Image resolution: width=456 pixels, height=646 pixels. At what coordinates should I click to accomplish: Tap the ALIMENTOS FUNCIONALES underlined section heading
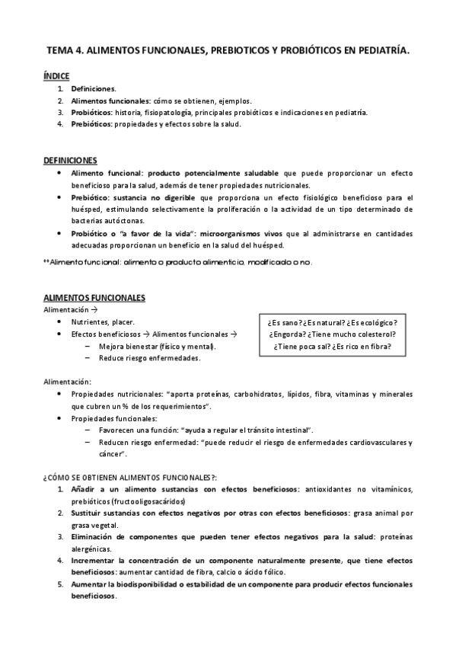click(x=94, y=297)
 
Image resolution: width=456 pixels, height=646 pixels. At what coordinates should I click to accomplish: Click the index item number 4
click(x=60, y=124)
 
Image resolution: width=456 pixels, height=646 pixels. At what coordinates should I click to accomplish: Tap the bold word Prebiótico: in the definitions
click(x=91, y=197)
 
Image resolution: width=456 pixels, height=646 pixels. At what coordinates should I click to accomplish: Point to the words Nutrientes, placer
click(x=103, y=322)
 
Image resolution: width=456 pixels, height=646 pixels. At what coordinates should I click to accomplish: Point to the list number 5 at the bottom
click(x=60, y=584)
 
